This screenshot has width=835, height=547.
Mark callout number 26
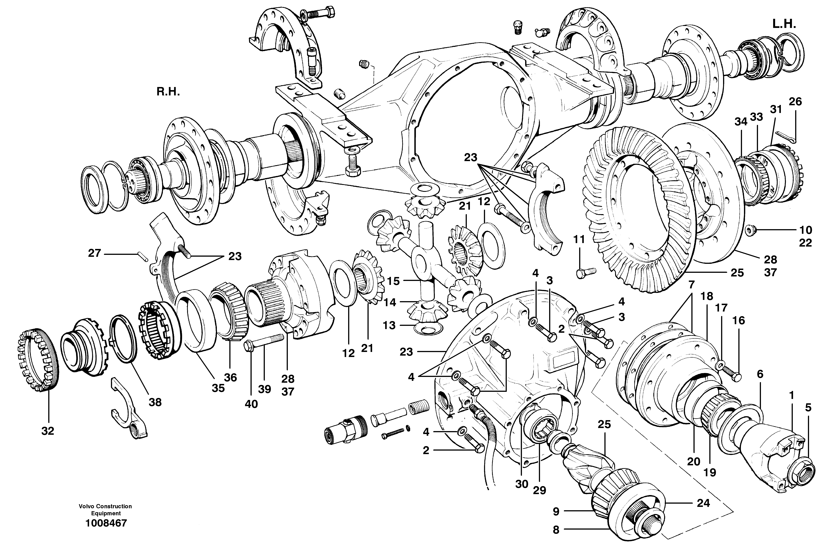point(795,101)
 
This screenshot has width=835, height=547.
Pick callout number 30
point(522,484)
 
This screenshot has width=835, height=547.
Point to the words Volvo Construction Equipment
point(105,509)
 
